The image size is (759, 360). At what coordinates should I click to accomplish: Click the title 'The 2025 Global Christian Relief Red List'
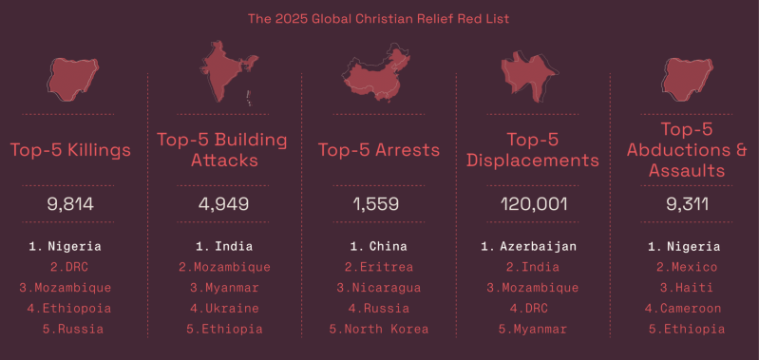point(379,18)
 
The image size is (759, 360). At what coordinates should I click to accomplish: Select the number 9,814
point(70,203)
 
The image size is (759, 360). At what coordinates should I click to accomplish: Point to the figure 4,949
point(224,203)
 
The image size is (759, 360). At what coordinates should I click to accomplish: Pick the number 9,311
point(687,203)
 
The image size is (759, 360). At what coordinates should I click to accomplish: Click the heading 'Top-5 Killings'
point(70,150)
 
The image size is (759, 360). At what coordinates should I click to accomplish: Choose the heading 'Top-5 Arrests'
point(379,150)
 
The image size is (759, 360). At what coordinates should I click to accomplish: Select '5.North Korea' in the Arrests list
point(379,329)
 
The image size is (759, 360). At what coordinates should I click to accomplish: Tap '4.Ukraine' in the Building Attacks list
point(224,309)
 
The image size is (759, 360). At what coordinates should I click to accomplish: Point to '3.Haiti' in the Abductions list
point(687,288)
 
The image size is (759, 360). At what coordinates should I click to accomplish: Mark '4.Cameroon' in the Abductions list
point(687,309)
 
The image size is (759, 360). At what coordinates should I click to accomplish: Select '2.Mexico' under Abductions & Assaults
point(687,268)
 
